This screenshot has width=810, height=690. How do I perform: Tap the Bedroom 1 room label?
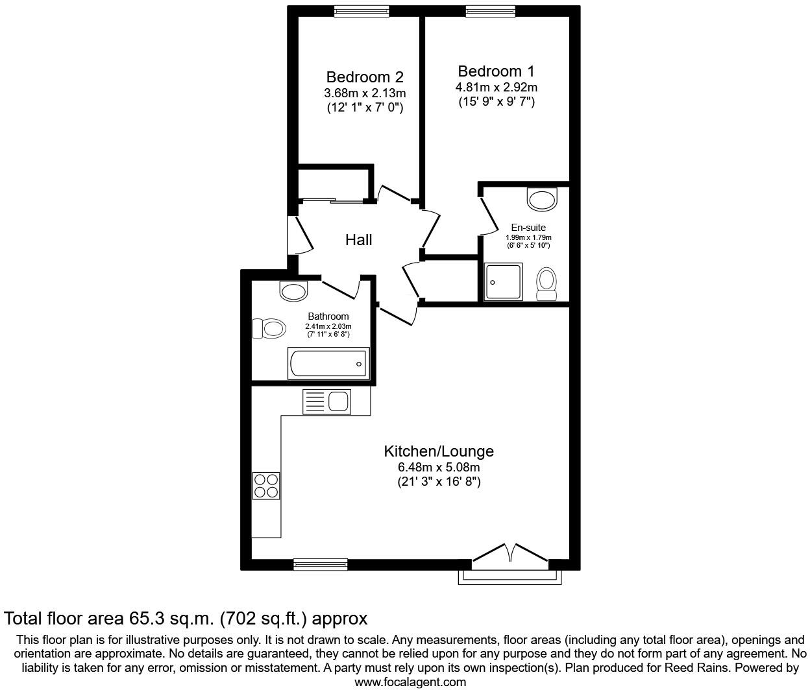496,71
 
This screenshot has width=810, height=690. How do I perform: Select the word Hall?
358,240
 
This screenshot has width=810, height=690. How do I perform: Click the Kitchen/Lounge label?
439,451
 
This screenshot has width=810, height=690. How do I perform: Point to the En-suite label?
528,228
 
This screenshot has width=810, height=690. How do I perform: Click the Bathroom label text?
328,316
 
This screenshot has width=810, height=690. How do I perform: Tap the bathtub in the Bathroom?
328,364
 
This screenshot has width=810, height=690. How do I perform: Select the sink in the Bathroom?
293,291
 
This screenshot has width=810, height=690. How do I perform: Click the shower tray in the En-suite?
503,282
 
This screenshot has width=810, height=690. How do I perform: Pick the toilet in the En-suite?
546,284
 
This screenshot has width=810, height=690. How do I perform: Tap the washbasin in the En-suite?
542,199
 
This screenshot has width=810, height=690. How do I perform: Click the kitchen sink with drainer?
326,402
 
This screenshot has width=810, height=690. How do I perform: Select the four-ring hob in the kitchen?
266,486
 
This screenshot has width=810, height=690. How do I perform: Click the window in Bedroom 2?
362,10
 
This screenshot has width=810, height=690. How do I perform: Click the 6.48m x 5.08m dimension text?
439,468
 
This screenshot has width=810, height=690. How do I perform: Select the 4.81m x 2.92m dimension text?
496,87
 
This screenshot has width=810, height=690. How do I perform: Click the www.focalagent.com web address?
410,682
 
